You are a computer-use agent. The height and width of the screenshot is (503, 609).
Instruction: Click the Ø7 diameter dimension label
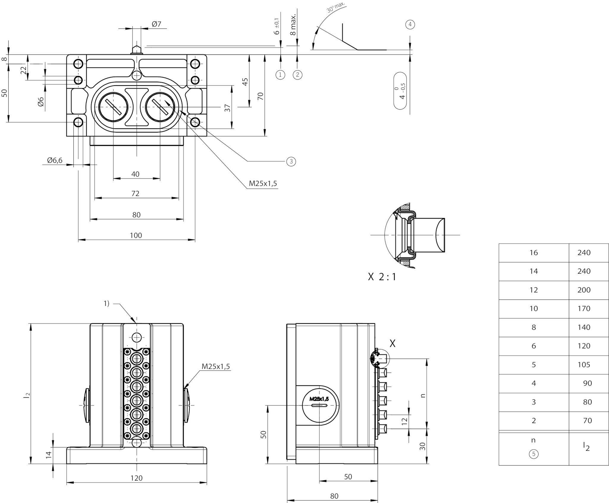click(x=156, y=24)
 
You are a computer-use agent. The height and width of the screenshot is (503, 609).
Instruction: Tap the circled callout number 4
click(x=410, y=24)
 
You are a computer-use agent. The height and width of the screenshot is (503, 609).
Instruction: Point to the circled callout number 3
click(x=291, y=162)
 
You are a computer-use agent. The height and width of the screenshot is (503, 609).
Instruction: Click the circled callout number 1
click(x=280, y=75)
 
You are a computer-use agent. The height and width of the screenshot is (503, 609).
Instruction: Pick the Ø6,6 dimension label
click(x=55, y=160)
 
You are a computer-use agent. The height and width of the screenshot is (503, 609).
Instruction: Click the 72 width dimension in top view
click(x=135, y=193)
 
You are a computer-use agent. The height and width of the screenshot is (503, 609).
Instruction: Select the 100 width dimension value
click(x=136, y=235)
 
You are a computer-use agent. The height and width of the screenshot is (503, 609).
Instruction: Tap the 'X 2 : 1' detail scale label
click(x=382, y=277)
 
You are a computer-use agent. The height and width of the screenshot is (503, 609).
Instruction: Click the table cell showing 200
click(x=584, y=290)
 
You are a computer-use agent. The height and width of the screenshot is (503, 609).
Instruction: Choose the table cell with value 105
click(x=584, y=365)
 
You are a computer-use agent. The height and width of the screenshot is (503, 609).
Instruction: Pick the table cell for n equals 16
click(x=534, y=253)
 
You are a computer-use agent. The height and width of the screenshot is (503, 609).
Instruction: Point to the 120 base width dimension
click(x=136, y=478)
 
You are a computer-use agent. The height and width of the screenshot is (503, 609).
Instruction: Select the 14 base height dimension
click(x=49, y=455)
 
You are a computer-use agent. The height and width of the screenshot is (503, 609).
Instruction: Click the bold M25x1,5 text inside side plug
click(x=319, y=399)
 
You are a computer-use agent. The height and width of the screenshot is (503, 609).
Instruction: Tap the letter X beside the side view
click(x=393, y=343)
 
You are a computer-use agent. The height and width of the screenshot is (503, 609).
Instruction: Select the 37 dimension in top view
click(x=227, y=108)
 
